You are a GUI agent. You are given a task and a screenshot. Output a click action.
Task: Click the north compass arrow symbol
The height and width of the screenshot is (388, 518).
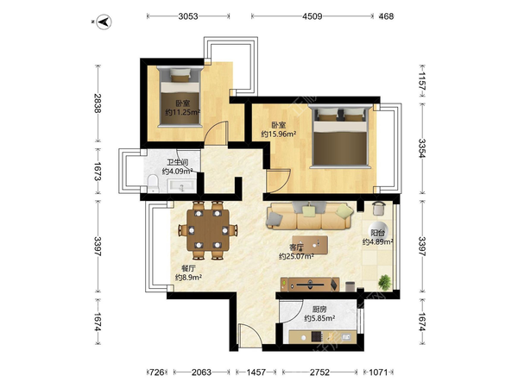(x=104, y=22)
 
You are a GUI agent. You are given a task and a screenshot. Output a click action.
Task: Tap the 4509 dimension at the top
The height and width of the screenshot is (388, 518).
(x=313, y=16)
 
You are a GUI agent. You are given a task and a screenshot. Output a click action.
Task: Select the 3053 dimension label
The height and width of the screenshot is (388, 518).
(x=188, y=16)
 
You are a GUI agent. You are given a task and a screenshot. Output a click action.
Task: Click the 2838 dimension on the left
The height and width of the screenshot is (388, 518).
(x=97, y=103)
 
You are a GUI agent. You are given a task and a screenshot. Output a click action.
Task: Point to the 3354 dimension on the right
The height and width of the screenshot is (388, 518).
(x=422, y=148)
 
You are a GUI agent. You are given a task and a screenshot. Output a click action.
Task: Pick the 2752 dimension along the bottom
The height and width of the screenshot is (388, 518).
(x=319, y=372)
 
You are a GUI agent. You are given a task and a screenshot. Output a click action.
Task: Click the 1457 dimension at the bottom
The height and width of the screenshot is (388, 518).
(x=256, y=372)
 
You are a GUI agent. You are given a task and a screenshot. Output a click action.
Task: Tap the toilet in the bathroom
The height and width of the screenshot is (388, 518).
(x=154, y=184)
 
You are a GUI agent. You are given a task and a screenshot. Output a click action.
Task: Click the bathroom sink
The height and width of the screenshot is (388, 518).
(x=181, y=185)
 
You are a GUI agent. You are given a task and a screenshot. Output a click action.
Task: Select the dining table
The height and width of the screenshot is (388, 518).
(x=208, y=229)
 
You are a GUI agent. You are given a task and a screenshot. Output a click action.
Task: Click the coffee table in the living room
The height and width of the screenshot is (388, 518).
(x=310, y=245)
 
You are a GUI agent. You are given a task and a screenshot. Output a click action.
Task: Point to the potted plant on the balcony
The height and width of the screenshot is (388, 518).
(x=384, y=283)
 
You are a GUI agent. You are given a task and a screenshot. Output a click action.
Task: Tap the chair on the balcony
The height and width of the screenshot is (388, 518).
(x=379, y=209)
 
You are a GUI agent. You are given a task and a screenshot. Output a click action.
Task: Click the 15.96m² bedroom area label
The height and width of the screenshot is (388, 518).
(x=279, y=134)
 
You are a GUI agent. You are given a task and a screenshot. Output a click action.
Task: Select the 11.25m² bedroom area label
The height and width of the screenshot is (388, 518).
(x=183, y=112)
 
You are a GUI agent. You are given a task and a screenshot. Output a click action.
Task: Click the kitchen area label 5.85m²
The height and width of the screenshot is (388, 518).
(x=319, y=318)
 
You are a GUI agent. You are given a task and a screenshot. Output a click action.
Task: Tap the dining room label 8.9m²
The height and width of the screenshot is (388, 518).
(x=188, y=278)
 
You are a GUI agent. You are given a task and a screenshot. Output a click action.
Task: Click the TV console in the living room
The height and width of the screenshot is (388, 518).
(x=310, y=285)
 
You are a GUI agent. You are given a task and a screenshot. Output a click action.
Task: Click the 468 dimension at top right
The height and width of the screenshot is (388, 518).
(x=386, y=16)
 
